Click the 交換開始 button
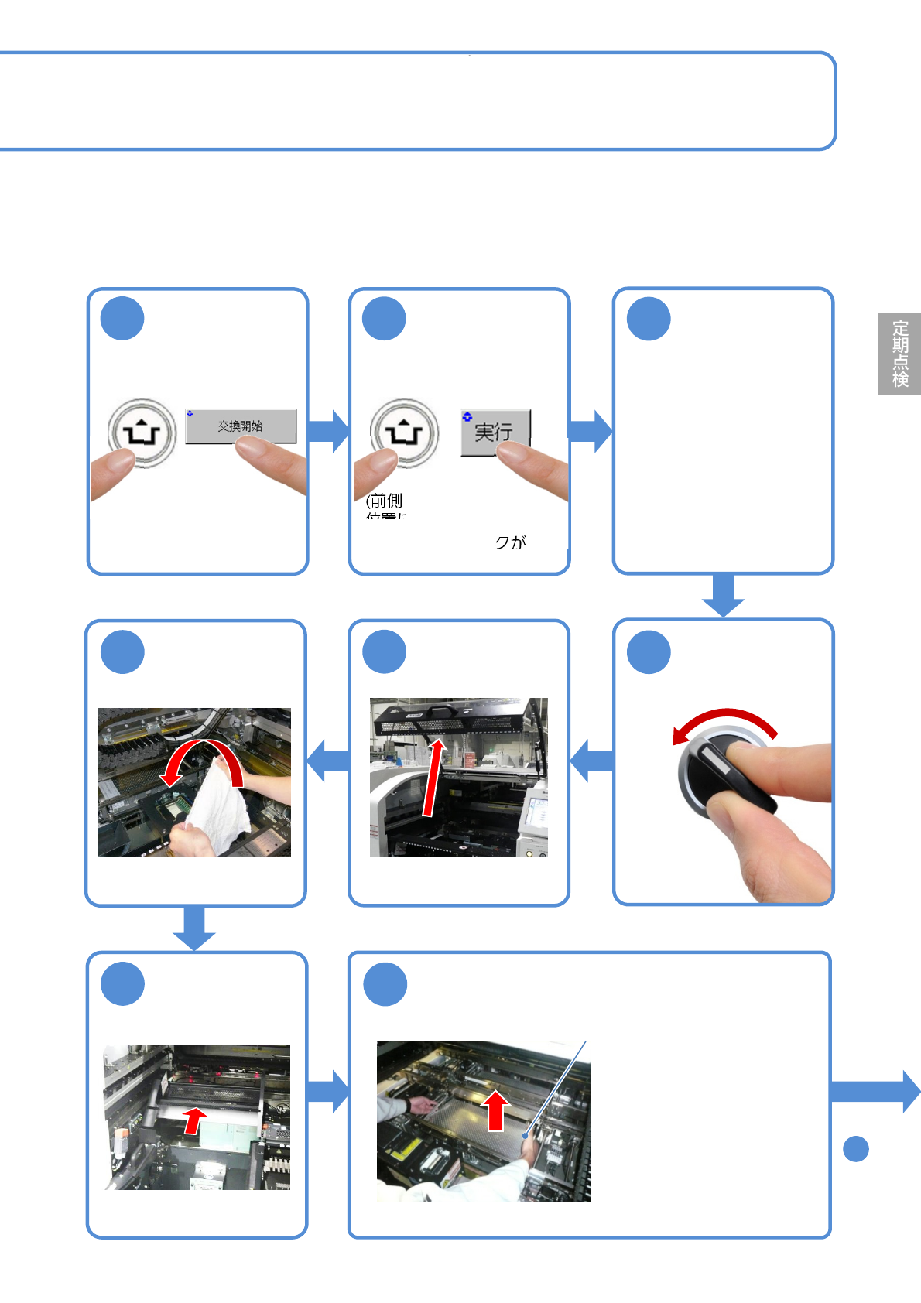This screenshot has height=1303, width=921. tap(241, 426)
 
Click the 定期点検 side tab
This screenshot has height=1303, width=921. tap(899, 354)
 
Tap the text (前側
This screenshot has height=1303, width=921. tap(384, 501)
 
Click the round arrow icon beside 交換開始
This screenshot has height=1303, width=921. tap(142, 433)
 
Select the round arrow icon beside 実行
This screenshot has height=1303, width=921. tap(404, 433)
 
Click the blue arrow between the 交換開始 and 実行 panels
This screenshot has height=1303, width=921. tap(329, 431)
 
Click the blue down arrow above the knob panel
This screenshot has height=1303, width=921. tap(723, 595)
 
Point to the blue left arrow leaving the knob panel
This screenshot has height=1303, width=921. tap(592, 761)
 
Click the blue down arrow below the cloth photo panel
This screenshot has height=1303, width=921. tap(193, 927)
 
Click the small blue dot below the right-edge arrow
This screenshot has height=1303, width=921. tap(855, 1148)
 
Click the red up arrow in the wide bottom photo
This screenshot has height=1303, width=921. tap(496, 1111)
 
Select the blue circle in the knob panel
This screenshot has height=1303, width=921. tap(649, 652)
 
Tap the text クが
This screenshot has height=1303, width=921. tap(510, 542)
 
